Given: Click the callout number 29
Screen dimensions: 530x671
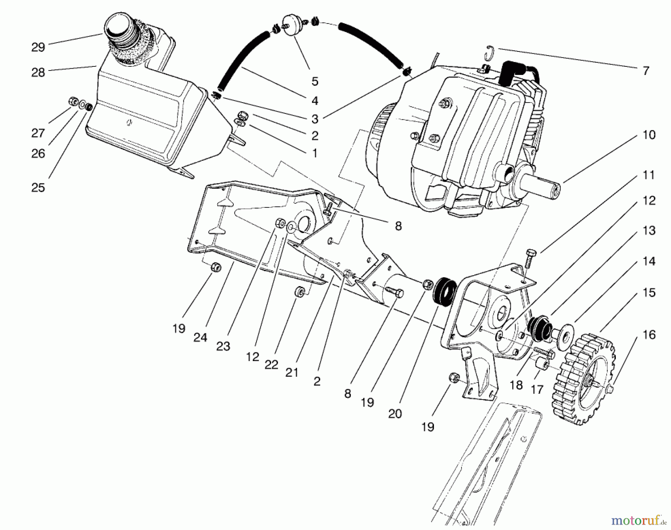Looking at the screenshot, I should pos(38,47).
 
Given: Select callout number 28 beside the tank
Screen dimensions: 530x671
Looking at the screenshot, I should pos(38,72).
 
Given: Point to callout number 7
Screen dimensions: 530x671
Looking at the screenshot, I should pos(646,70).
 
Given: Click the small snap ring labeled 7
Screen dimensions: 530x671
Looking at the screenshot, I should pos(491,53).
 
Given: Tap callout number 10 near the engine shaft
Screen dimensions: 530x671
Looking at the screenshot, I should pos(649,135).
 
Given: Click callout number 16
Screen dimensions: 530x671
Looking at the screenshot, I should pos(649,335).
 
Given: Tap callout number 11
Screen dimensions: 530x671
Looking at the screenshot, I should pos(649,175).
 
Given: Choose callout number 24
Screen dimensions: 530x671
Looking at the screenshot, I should pos(200,338).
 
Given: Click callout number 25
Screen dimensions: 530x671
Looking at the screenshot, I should pos(38,188).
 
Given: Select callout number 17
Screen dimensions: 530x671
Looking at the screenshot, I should pos(537,390).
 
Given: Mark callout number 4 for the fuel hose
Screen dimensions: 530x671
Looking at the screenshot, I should pos(315,100).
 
